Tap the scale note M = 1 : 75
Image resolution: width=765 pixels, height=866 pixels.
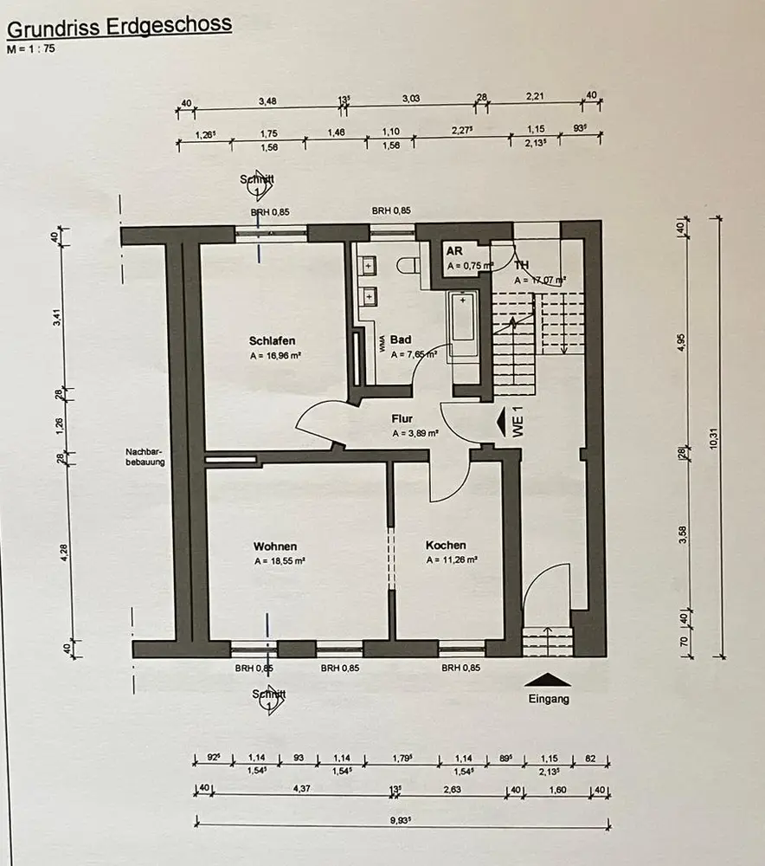[x=30, y=49]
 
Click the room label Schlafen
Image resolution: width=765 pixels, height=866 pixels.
[x=272, y=341]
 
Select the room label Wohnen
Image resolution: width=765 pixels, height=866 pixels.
[x=275, y=546]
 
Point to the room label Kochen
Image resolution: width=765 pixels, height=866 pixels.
[x=446, y=546]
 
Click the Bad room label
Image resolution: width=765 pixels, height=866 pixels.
[x=400, y=339]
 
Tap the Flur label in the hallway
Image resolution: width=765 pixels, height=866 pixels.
[x=402, y=419]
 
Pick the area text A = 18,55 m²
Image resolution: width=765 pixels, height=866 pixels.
[x=279, y=561]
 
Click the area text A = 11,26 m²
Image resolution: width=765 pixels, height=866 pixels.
[x=450, y=560]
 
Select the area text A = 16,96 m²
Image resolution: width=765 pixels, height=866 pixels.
[x=274, y=356]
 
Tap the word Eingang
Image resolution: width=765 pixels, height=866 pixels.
[x=548, y=699]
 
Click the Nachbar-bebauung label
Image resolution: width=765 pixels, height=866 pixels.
[x=145, y=456]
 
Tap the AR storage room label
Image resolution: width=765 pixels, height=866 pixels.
[x=453, y=251]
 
